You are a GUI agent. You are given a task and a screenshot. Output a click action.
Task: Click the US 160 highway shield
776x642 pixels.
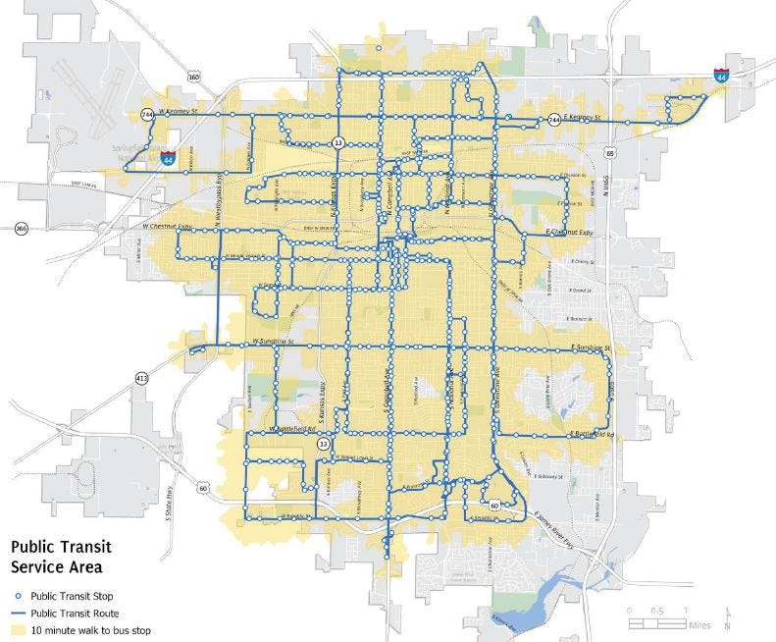[x=195, y=76]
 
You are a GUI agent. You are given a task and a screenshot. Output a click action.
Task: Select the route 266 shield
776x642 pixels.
[x=21, y=230]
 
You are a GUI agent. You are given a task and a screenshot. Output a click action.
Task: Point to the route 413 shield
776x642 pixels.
[x=143, y=378]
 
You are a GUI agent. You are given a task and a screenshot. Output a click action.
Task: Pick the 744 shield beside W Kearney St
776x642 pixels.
[x=146, y=114]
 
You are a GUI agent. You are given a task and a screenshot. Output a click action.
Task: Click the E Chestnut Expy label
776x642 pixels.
[x=570, y=233]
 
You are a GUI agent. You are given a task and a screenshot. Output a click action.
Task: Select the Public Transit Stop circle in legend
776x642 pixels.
[x=18, y=596]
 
